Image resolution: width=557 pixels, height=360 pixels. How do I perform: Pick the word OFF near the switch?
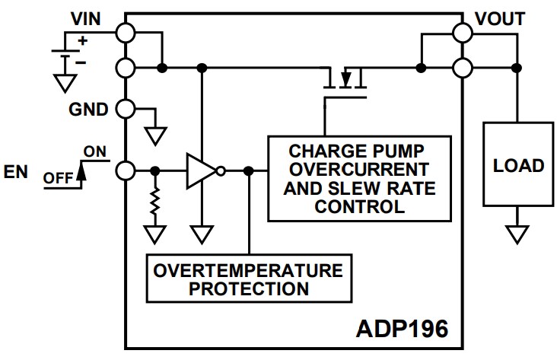pyautogui.click(x=58, y=178)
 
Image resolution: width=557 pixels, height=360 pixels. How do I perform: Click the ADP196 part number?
pyautogui.click(x=402, y=330)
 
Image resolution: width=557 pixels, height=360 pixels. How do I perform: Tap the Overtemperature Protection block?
pyautogui.click(x=250, y=279)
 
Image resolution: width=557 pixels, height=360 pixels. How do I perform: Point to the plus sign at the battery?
pyautogui.click(x=81, y=42)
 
